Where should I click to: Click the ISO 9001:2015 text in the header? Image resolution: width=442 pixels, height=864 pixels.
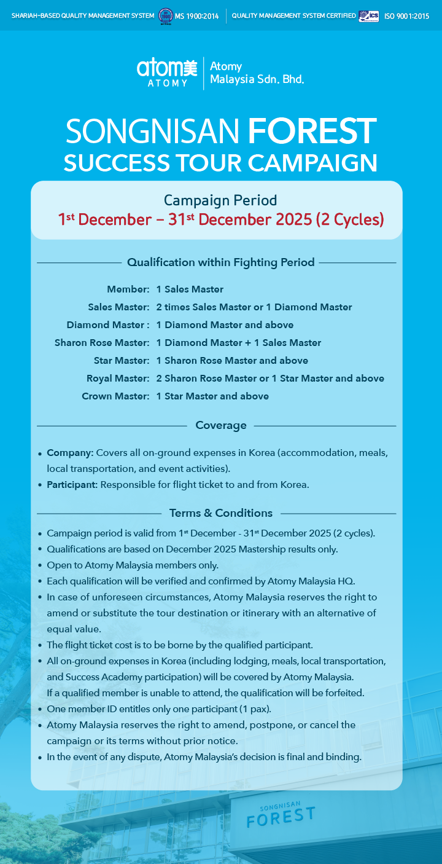click(406, 16)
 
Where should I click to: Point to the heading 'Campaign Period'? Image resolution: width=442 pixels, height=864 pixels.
click(220, 200)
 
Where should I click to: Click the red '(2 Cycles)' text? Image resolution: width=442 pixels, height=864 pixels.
click(350, 219)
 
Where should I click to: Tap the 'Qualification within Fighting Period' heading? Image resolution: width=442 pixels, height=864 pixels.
click(220, 262)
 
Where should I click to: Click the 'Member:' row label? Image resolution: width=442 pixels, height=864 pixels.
click(128, 289)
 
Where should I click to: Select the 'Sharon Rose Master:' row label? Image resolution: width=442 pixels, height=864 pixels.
click(102, 342)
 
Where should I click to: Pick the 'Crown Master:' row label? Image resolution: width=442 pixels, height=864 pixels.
click(115, 396)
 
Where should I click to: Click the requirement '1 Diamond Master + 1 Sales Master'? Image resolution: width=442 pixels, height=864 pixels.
click(239, 342)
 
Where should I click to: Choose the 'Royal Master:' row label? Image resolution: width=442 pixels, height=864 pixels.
click(118, 378)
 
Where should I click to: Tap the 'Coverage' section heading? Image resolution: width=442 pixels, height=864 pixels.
click(220, 425)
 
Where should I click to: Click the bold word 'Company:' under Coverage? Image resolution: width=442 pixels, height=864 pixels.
click(70, 453)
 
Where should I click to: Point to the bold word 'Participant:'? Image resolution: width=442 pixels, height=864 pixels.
click(72, 484)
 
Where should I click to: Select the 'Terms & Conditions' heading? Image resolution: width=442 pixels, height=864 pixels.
click(220, 513)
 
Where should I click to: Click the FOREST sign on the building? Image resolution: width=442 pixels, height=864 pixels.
click(281, 816)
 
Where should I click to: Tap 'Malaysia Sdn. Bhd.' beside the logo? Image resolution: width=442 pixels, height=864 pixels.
click(257, 79)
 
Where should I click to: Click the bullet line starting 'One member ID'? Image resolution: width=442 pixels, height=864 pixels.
click(159, 709)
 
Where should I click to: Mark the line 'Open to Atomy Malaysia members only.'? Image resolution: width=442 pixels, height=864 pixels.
click(133, 565)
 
